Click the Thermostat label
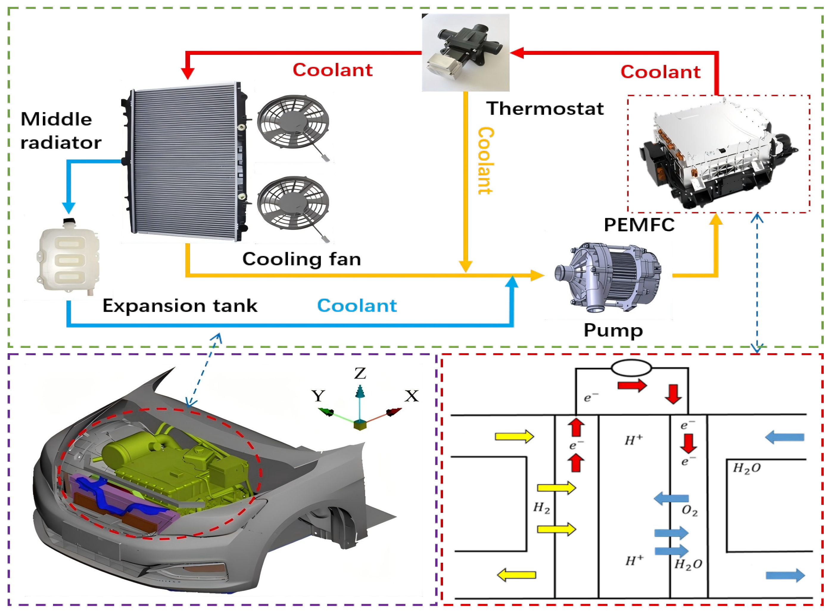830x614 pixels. coord(545,108)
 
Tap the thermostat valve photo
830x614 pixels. coord(465,52)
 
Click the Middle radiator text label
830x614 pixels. coord(60,131)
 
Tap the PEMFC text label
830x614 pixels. coord(639,225)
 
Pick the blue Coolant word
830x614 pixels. coord(356,306)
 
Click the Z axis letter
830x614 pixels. coord(360,373)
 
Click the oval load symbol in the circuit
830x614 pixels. coord(631,368)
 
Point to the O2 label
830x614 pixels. coord(689,511)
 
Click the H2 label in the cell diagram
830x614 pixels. coord(541,508)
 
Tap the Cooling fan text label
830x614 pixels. coord(302,259)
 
